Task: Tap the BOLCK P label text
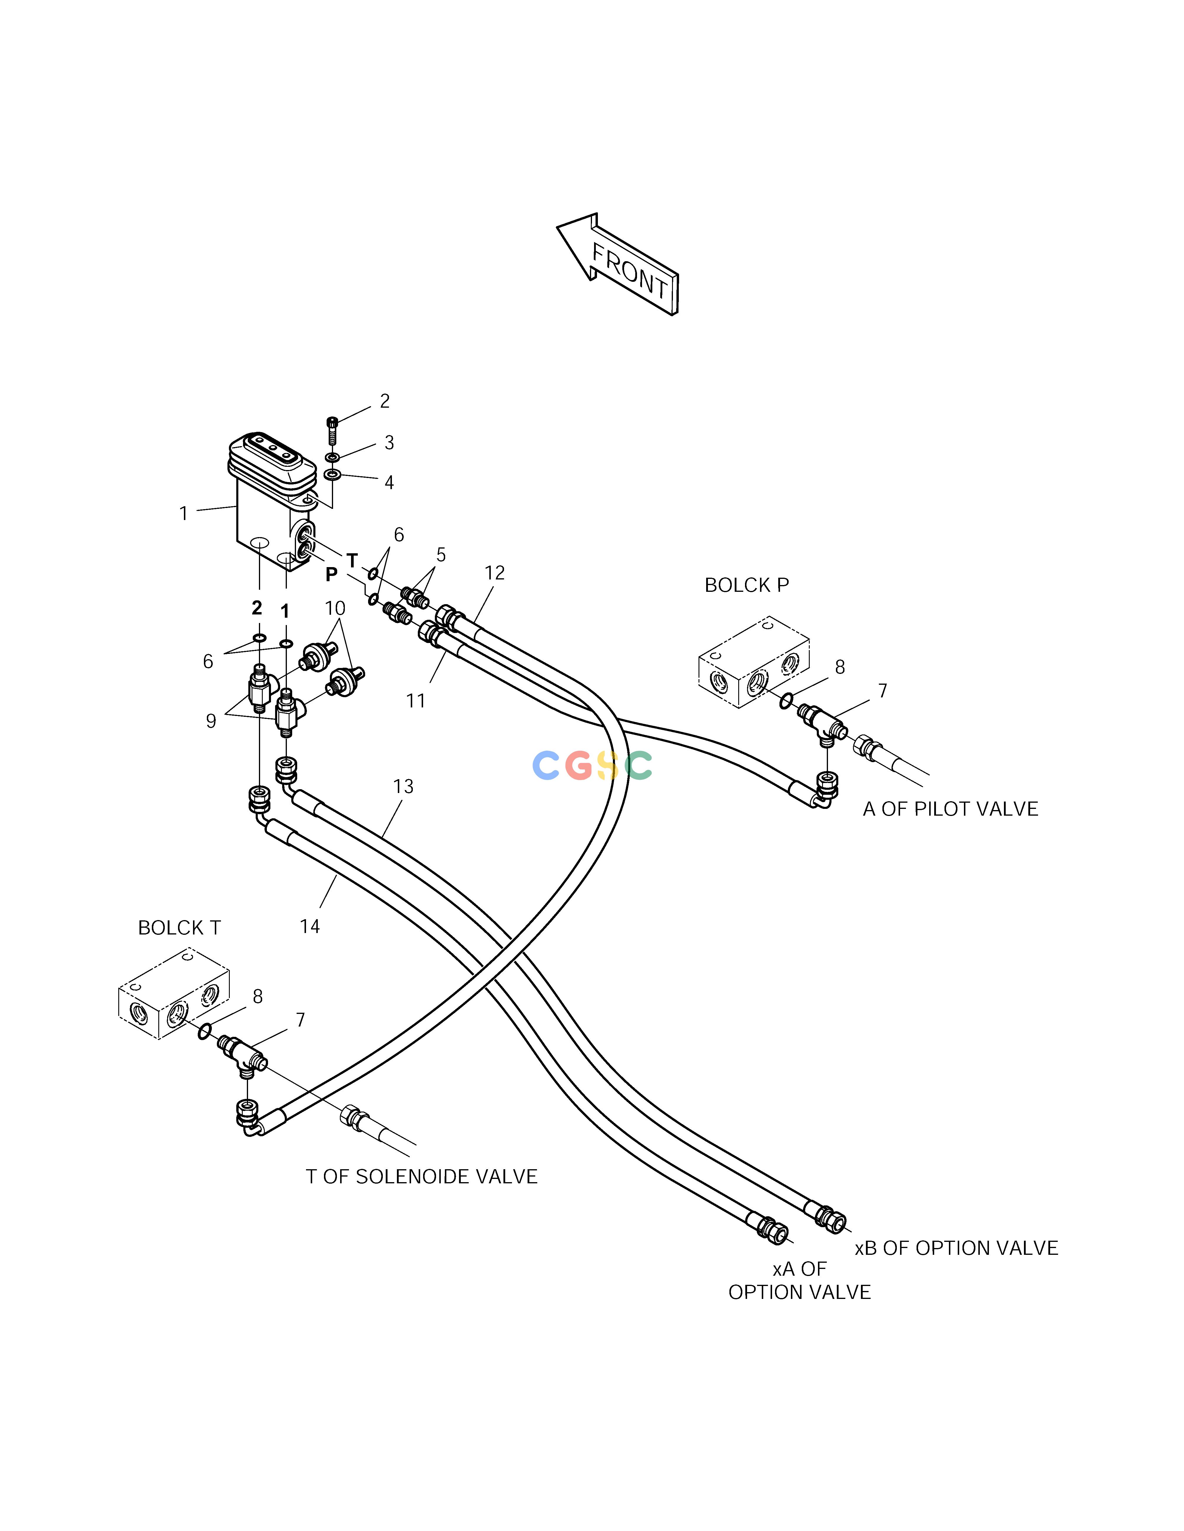(746, 585)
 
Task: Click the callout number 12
(495, 573)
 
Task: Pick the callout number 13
(403, 787)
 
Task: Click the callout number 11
(416, 700)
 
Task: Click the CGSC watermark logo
(593, 765)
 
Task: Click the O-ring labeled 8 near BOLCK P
(787, 700)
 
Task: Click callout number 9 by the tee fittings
(210, 721)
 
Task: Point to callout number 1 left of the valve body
(184, 514)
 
